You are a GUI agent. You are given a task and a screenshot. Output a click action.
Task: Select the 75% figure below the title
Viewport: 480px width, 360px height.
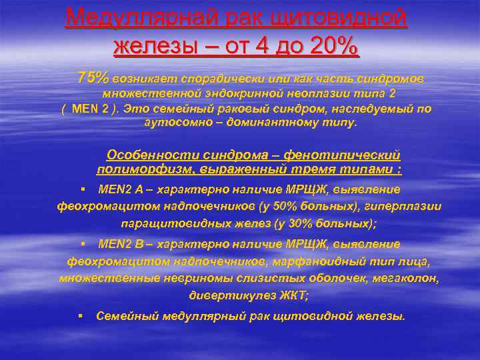coord(93,78)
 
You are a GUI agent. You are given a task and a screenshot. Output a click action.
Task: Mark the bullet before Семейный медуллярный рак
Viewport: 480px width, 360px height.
coord(81,315)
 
